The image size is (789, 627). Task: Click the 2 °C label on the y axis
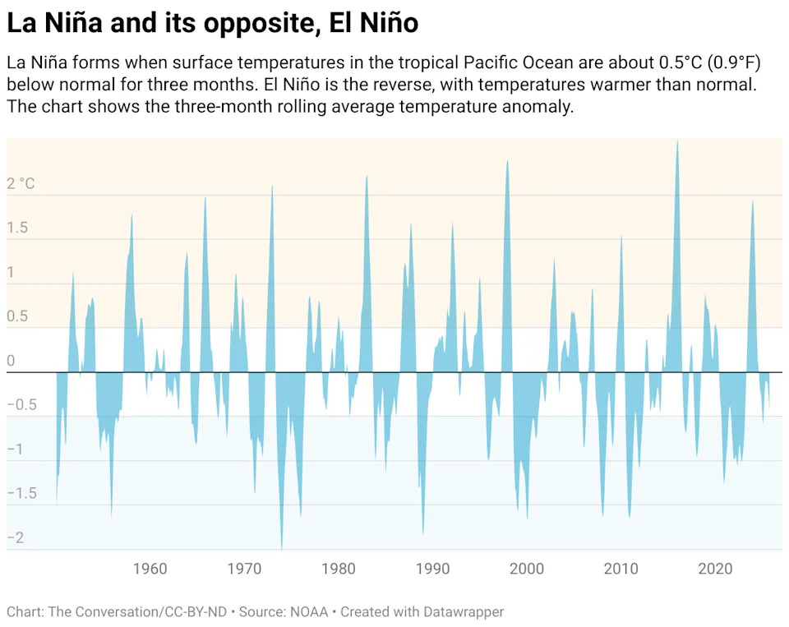(x=21, y=183)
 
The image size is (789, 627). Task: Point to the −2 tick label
(x=17, y=538)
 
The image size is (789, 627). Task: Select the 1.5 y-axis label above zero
(x=17, y=228)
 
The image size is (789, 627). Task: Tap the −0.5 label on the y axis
(x=21, y=405)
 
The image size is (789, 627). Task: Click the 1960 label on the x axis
(x=150, y=569)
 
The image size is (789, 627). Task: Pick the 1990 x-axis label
(x=432, y=569)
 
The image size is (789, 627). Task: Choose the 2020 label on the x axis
(x=715, y=569)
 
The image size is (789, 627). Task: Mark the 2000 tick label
(x=527, y=569)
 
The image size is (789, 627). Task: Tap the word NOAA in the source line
(x=309, y=611)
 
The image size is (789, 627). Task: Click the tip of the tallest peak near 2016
(x=677, y=141)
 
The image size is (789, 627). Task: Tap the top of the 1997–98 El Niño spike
(x=507, y=160)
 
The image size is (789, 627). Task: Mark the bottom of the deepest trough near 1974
(x=282, y=549)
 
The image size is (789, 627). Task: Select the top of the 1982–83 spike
(x=367, y=177)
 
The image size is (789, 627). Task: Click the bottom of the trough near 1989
(x=423, y=533)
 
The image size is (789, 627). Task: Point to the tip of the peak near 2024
(x=752, y=201)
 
